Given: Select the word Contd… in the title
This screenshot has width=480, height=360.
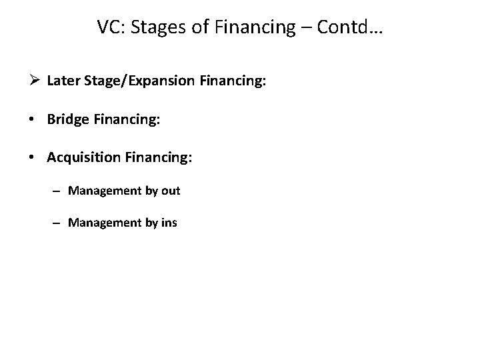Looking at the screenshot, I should pyautogui.click(x=353, y=28).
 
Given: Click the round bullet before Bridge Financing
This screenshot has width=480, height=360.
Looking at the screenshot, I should pyautogui.click(x=37, y=121).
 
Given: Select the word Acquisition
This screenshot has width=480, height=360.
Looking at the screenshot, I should pyautogui.click(x=83, y=158).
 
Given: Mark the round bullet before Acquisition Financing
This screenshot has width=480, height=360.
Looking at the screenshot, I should pyautogui.click(x=37, y=158).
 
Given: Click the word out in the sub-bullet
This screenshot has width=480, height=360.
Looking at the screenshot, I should pyautogui.click(x=171, y=191).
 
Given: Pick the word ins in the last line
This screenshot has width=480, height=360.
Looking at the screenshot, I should pyautogui.click(x=169, y=223).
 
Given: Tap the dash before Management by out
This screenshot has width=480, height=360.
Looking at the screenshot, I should pyautogui.click(x=59, y=191).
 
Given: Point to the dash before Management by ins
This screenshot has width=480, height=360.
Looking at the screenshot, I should pyautogui.click(x=59, y=223).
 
